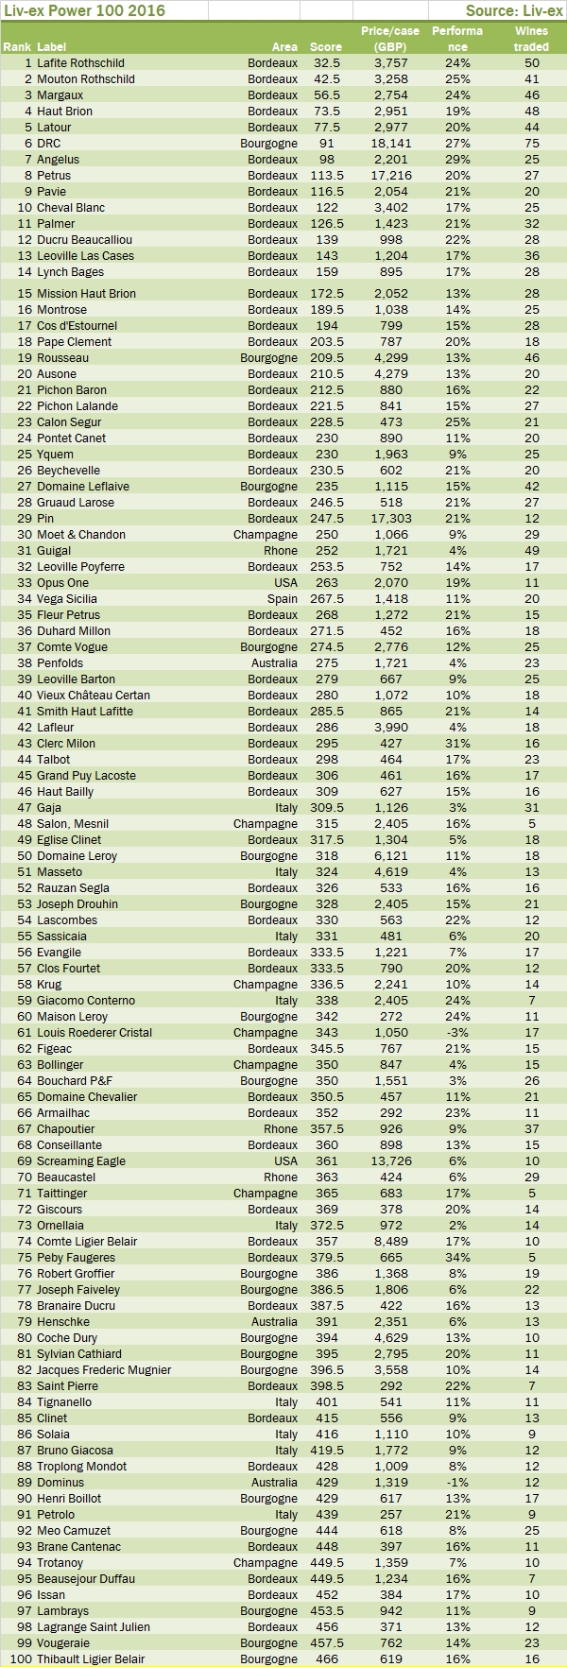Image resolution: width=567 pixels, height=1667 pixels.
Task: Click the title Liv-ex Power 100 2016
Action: pos(84,10)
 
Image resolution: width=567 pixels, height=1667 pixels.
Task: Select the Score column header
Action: pos(325,46)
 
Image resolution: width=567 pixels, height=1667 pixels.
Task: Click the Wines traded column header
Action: pos(531,39)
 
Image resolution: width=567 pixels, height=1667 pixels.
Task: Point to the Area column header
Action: pos(284,46)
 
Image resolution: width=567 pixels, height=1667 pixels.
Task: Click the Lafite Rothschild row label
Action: pos(80,63)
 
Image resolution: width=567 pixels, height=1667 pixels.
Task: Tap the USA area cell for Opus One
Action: pos(285,583)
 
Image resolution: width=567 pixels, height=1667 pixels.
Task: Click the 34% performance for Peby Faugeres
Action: pos(457,1258)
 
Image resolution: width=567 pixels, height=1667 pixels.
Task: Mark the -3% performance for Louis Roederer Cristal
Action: pos(457,1033)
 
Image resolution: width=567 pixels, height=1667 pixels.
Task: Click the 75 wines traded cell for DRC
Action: pos(531,144)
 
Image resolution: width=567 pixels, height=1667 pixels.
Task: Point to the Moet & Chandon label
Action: pos(81,535)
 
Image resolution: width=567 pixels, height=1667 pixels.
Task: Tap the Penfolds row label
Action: pos(60,663)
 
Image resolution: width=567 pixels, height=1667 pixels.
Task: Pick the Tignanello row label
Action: pos(64,1402)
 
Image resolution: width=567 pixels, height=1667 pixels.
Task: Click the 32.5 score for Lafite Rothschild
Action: pos(327,63)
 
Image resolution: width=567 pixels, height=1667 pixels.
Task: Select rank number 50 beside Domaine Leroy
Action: pos(25,856)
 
